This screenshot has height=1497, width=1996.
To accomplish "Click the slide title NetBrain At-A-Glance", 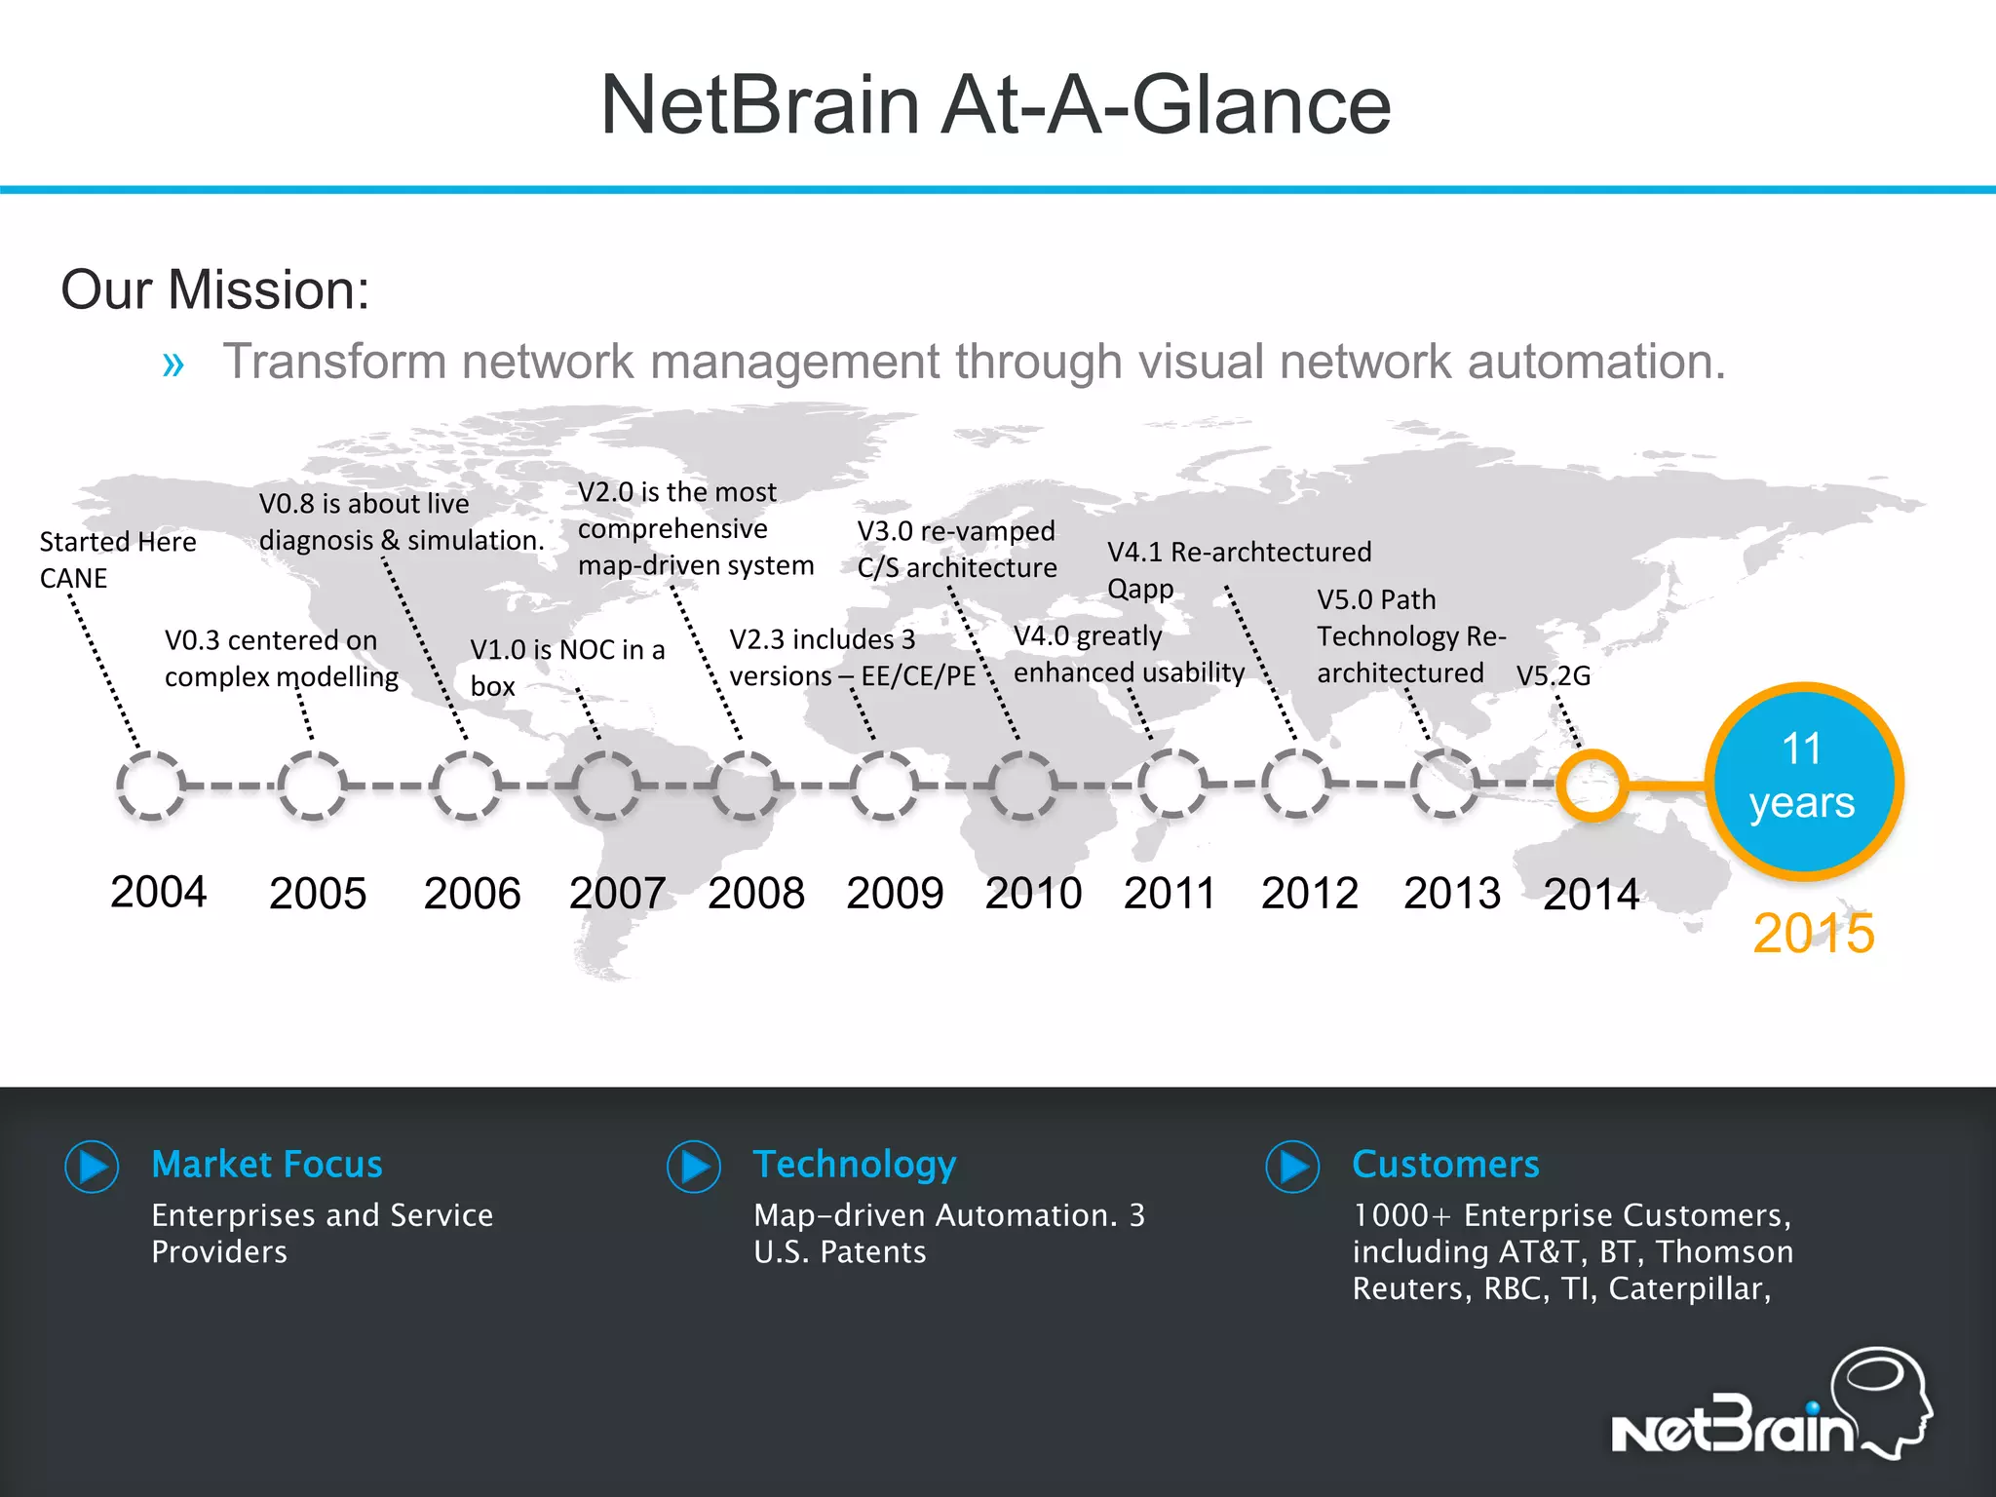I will (x=995, y=105).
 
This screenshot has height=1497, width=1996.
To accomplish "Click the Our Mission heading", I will (x=215, y=290).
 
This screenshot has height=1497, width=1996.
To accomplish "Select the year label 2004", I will (x=158, y=892).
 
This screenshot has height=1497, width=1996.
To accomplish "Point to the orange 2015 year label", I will (x=1813, y=934).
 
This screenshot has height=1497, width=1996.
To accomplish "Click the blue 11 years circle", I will (x=1802, y=782).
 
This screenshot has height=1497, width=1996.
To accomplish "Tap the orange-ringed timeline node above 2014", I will (x=1591, y=785).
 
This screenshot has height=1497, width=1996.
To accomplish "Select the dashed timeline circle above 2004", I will (x=151, y=785).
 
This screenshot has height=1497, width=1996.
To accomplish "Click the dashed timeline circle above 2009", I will (x=883, y=785).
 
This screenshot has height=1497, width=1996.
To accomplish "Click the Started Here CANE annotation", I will (x=117, y=559).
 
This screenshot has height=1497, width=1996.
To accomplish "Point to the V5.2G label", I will (x=1553, y=675).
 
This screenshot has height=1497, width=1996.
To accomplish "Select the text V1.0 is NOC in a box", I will (x=566, y=668).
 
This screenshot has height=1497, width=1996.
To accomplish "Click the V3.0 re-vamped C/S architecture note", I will (x=956, y=550).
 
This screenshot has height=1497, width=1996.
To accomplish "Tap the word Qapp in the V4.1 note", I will (x=1140, y=590).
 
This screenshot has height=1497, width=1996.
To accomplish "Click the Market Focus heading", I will (x=267, y=1165).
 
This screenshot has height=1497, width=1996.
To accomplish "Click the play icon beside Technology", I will (x=694, y=1167).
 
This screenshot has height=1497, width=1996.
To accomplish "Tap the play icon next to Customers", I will (x=1292, y=1167).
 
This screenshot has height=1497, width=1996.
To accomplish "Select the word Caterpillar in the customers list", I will (x=1686, y=1288).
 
